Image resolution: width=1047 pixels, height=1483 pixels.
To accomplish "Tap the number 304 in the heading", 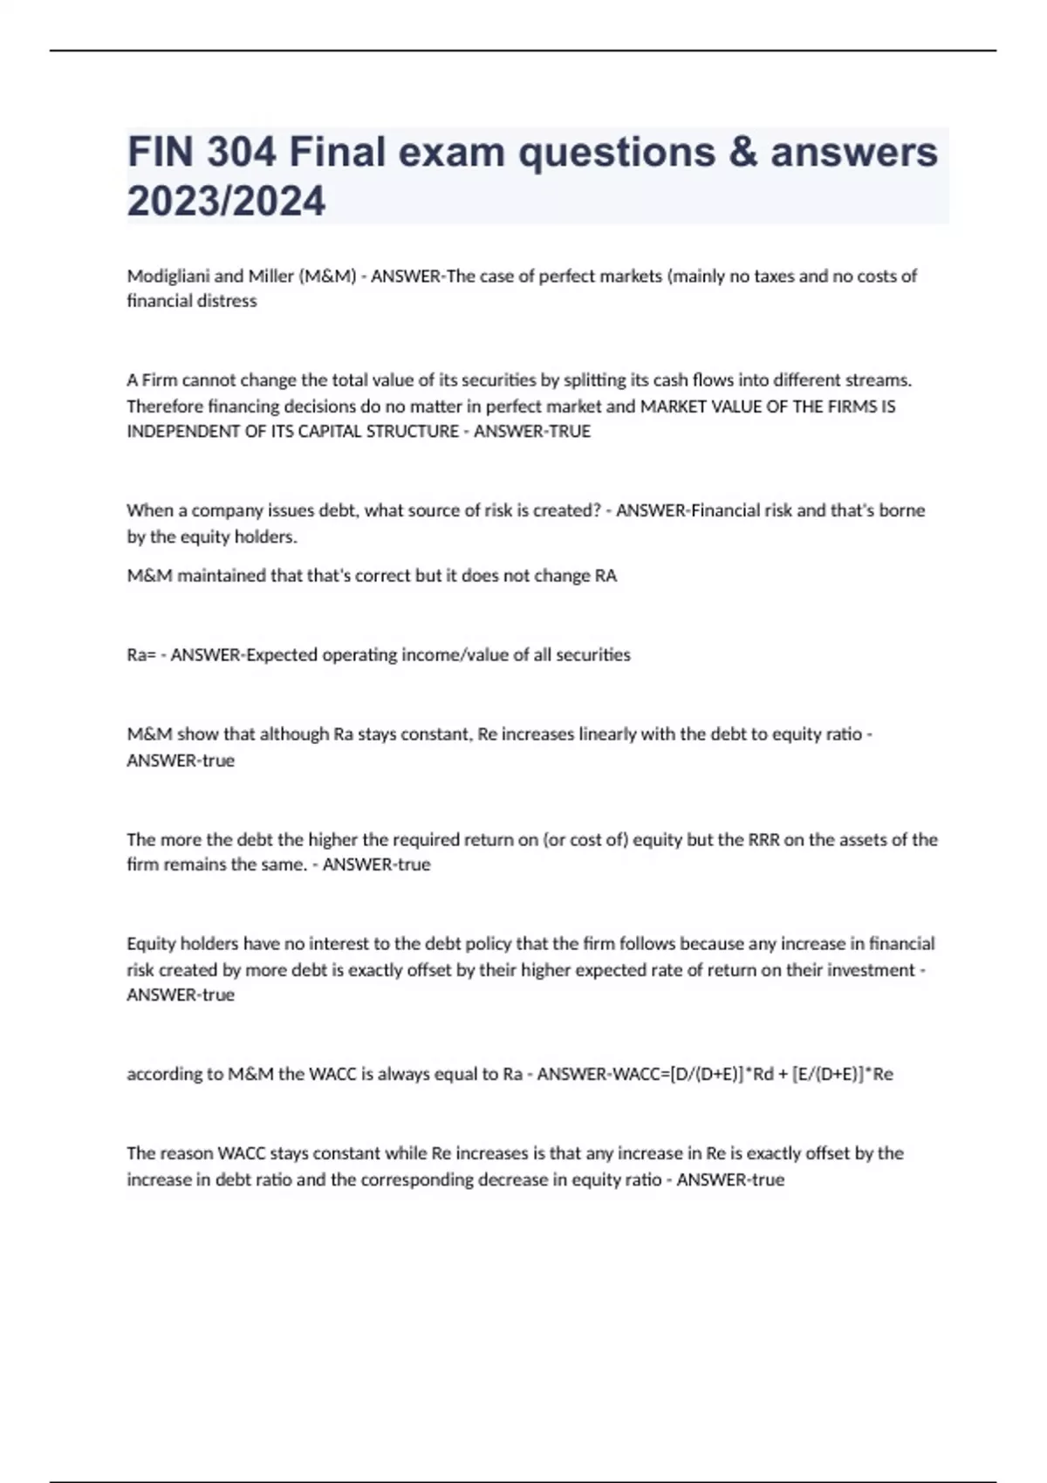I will (x=241, y=152).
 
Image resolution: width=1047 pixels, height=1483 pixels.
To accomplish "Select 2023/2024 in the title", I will (x=226, y=201).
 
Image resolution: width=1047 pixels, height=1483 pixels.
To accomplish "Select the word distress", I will (x=227, y=301).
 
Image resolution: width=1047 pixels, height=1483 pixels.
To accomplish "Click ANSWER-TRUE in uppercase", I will (x=532, y=432).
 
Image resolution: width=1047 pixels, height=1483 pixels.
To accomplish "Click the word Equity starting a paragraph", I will (x=151, y=944).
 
